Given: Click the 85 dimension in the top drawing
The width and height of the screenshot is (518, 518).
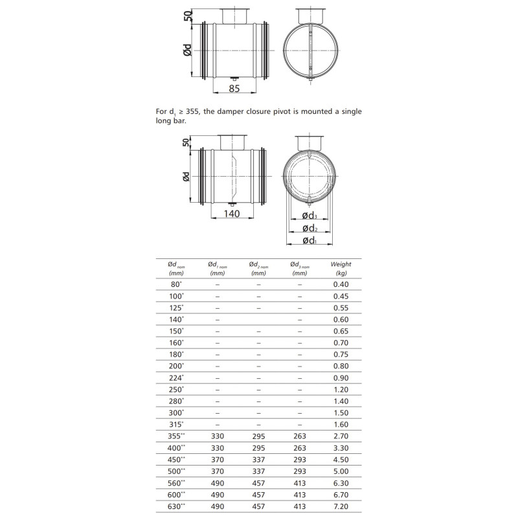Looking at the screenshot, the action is [234, 88].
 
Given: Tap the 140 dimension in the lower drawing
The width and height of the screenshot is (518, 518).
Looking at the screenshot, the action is [232, 214].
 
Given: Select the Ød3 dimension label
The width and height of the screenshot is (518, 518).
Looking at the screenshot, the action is [310, 216].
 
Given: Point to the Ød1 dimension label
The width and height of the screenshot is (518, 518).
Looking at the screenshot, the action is [310, 240].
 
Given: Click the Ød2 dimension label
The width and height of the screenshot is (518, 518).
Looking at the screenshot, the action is [310, 229].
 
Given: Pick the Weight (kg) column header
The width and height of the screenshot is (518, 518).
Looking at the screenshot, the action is [341, 269].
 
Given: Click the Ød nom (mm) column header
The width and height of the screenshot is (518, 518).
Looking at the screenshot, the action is [176, 269].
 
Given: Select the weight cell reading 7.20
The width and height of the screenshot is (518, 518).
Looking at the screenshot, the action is [341, 506].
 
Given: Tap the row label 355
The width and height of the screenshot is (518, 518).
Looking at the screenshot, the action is [176, 436].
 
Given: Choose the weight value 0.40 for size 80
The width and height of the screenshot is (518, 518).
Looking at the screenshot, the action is [341, 284].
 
